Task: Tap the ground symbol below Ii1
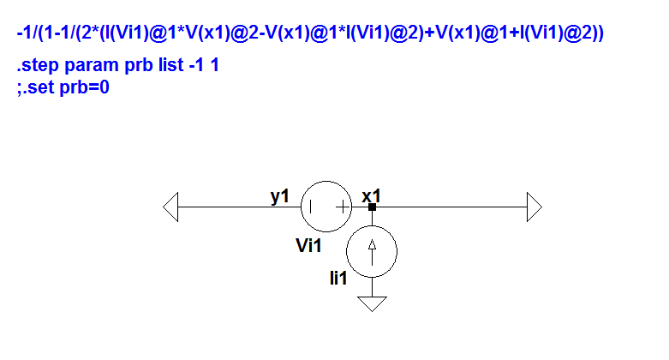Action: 372,303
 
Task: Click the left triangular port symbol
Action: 170,207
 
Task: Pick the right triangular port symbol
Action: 535,207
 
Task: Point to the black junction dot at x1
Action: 372,207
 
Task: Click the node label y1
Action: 280,196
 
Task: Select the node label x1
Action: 371,196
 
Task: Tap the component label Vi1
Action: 308,245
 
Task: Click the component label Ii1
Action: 338,278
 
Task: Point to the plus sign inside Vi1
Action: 343,207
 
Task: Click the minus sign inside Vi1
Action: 311,207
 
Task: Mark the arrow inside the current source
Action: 372,252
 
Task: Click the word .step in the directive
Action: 38,65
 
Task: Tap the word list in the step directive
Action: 170,65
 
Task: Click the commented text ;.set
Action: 35,87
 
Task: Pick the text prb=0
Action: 85,88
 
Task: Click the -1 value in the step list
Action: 196,65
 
